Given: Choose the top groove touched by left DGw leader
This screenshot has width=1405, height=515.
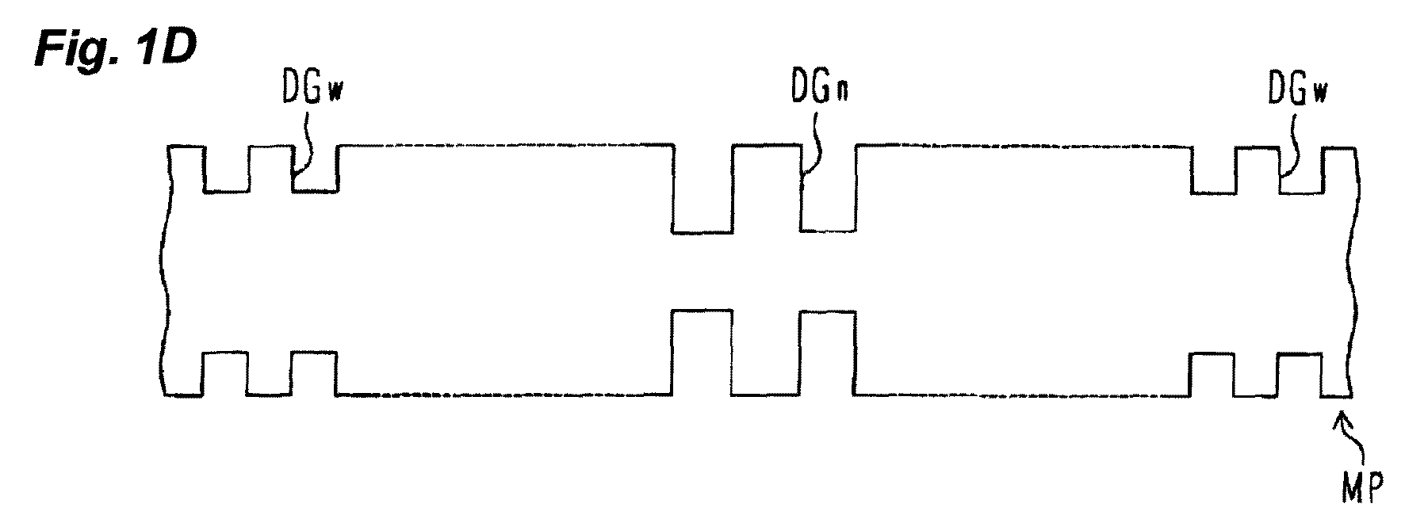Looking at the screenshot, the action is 316,168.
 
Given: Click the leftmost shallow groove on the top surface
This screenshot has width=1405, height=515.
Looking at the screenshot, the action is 227,168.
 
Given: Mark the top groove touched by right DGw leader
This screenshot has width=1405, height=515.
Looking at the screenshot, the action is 1301,168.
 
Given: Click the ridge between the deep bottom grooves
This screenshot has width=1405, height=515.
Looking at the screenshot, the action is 766,353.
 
